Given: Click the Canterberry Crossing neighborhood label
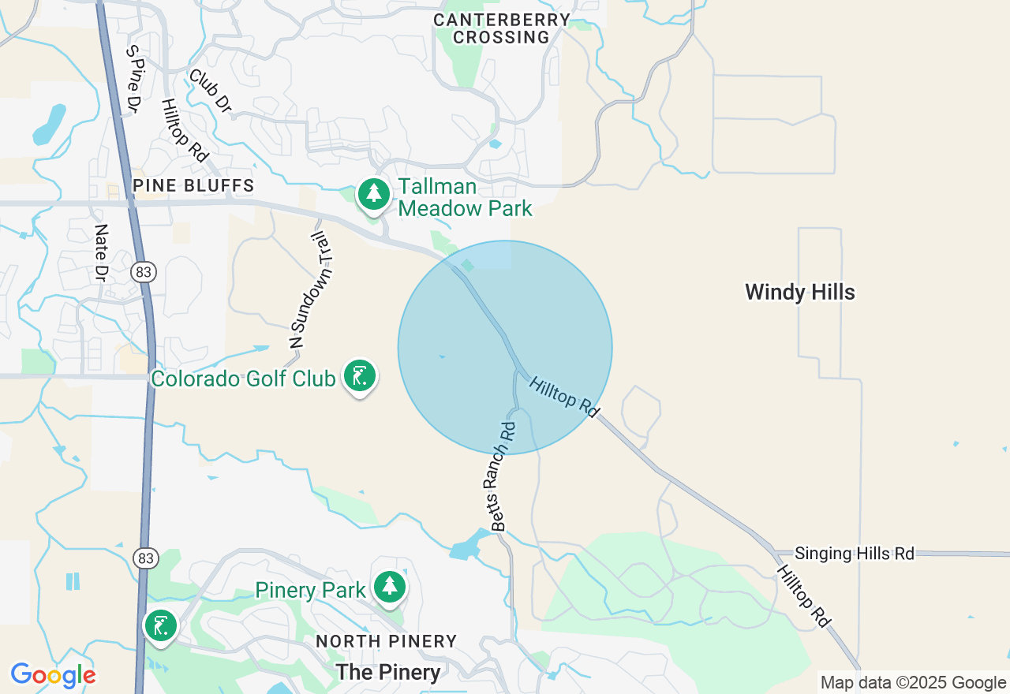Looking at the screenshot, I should pyautogui.click(x=502, y=28).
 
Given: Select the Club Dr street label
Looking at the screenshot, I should pyautogui.click(x=210, y=91).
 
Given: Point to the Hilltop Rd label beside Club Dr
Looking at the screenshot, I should pyautogui.click(x=184, y=131).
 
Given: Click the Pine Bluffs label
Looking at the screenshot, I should pyautogui.click(x=193, y=186).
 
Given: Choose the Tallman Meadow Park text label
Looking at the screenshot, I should pyautogui.click(x=465, y=198).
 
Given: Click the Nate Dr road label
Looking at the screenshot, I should pyautogui.click(x=100, y=252).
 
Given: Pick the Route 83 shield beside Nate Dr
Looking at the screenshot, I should pyautogui.click(x=144, y=273).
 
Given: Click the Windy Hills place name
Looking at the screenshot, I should pyautogui.click(x=799, y=293).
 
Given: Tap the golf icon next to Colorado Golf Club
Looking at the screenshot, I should pyautogui.click(x=360, y=376).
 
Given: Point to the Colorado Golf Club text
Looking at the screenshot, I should pyautogui.click(x=243, y=379).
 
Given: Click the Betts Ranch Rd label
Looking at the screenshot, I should pyautogui.click(x=503, y=476).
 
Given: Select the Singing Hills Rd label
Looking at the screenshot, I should pyautogui.click(x=854, y=554).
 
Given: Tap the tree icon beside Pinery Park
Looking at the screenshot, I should pyautogui.click(x=390, y=587).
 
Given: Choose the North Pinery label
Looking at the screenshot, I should pyautogui.click(x=386, y=642).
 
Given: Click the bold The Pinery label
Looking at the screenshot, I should pyautogui.click(x=387, y=672).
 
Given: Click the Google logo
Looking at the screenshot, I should pyautogui.click(x=53, y=676).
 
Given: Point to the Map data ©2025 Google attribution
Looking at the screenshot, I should pyautogui.click(x=913, y=683).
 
